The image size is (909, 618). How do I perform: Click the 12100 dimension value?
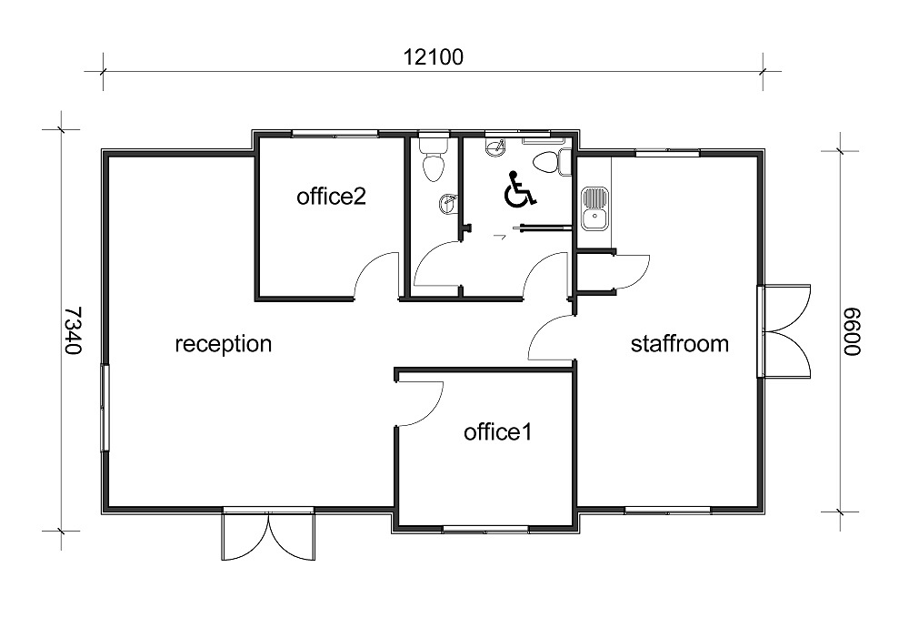[x=433, y=57]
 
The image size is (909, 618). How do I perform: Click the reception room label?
[x=224, y=344]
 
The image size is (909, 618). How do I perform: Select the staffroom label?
[x=679, y=343]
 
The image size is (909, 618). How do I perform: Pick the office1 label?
[x=497, y=431]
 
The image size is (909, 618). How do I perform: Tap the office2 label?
[x=331, y=196]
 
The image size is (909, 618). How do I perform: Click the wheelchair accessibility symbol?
[x=520, y=189]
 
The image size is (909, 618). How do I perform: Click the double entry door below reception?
[x=268, y=534]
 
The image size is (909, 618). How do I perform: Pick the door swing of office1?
[x=421, y=403]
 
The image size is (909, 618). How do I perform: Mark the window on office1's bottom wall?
[x=485, y=529]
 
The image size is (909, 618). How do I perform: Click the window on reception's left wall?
[x=105, y=408]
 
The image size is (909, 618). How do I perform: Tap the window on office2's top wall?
[x=335, y=134]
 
